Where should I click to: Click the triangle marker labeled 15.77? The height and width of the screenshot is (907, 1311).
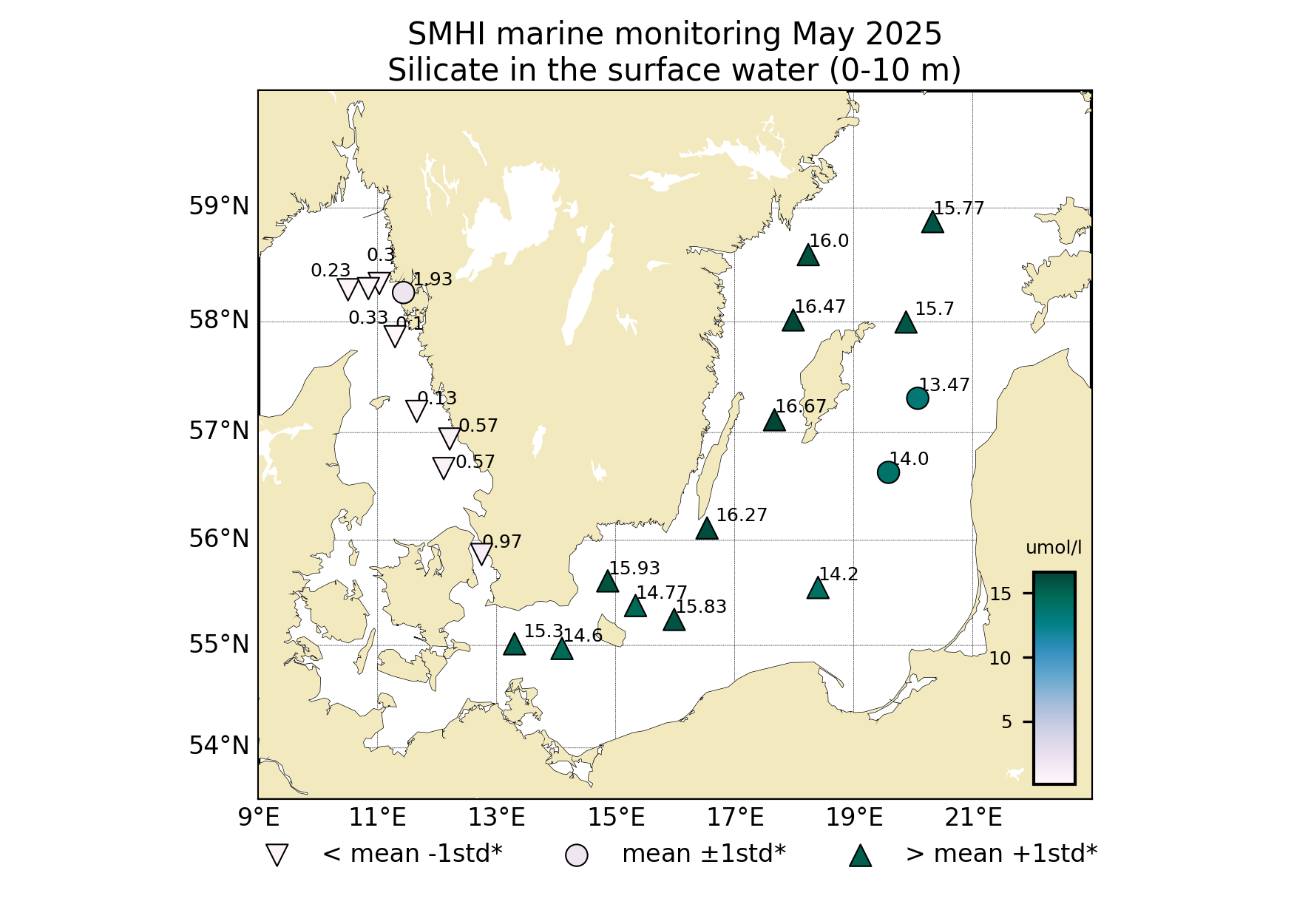932,222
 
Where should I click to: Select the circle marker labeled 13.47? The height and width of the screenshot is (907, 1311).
917,398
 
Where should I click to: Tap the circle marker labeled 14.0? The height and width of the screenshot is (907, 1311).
888,472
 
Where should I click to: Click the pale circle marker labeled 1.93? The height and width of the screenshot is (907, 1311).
403,293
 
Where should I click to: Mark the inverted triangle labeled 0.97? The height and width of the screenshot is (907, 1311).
481,553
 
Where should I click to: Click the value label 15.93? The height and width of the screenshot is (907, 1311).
634,568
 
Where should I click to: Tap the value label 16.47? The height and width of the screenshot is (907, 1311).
819,307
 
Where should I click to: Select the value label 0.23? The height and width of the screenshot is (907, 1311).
331,271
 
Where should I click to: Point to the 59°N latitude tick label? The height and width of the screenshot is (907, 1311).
219,206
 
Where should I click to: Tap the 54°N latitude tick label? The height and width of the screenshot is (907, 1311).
219,746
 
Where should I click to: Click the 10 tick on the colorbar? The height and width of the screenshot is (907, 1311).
1000,659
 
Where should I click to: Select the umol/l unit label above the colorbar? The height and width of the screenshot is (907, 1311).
1053,548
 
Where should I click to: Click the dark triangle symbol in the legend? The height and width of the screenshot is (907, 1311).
860,856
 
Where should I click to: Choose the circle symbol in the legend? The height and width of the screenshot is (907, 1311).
576,855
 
